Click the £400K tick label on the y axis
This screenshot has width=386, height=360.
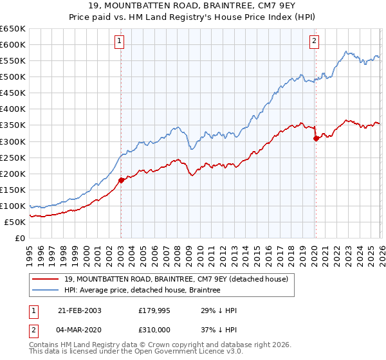(13, 109)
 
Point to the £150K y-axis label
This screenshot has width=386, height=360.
(13, 190)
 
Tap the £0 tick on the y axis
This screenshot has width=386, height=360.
(19, 238)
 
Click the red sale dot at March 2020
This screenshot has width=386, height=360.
(316, 138)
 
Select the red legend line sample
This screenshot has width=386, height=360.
(46, 278)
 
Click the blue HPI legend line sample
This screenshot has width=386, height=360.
(46, 290)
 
